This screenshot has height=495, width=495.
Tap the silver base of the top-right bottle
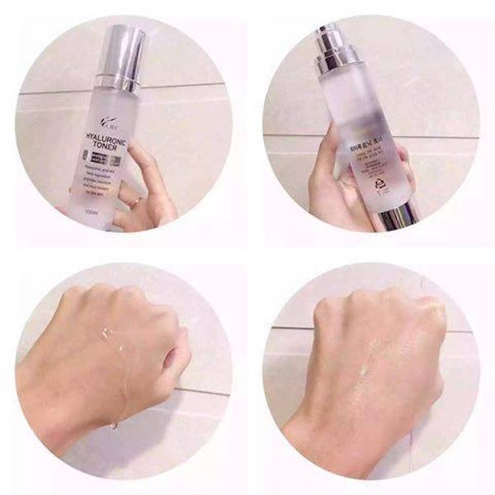point(400,216)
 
